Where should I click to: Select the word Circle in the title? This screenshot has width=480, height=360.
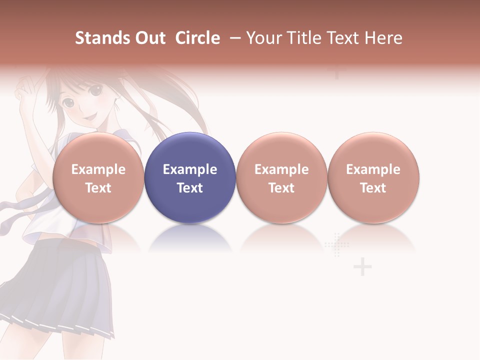197,38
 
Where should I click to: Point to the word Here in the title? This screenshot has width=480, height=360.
384,38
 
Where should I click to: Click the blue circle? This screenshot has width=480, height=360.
190,177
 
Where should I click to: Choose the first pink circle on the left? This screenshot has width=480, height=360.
98,177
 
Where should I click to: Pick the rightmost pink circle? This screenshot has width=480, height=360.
373,177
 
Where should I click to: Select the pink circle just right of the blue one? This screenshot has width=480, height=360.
281,177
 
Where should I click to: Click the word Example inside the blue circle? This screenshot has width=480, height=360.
190,169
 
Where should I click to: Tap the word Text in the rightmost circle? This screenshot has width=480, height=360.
373,188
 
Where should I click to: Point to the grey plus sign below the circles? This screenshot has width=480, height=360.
362,267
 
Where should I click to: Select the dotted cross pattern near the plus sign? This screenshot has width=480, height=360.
337,245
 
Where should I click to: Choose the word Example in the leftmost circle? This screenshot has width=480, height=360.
98,169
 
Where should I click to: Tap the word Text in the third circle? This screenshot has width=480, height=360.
281,188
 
